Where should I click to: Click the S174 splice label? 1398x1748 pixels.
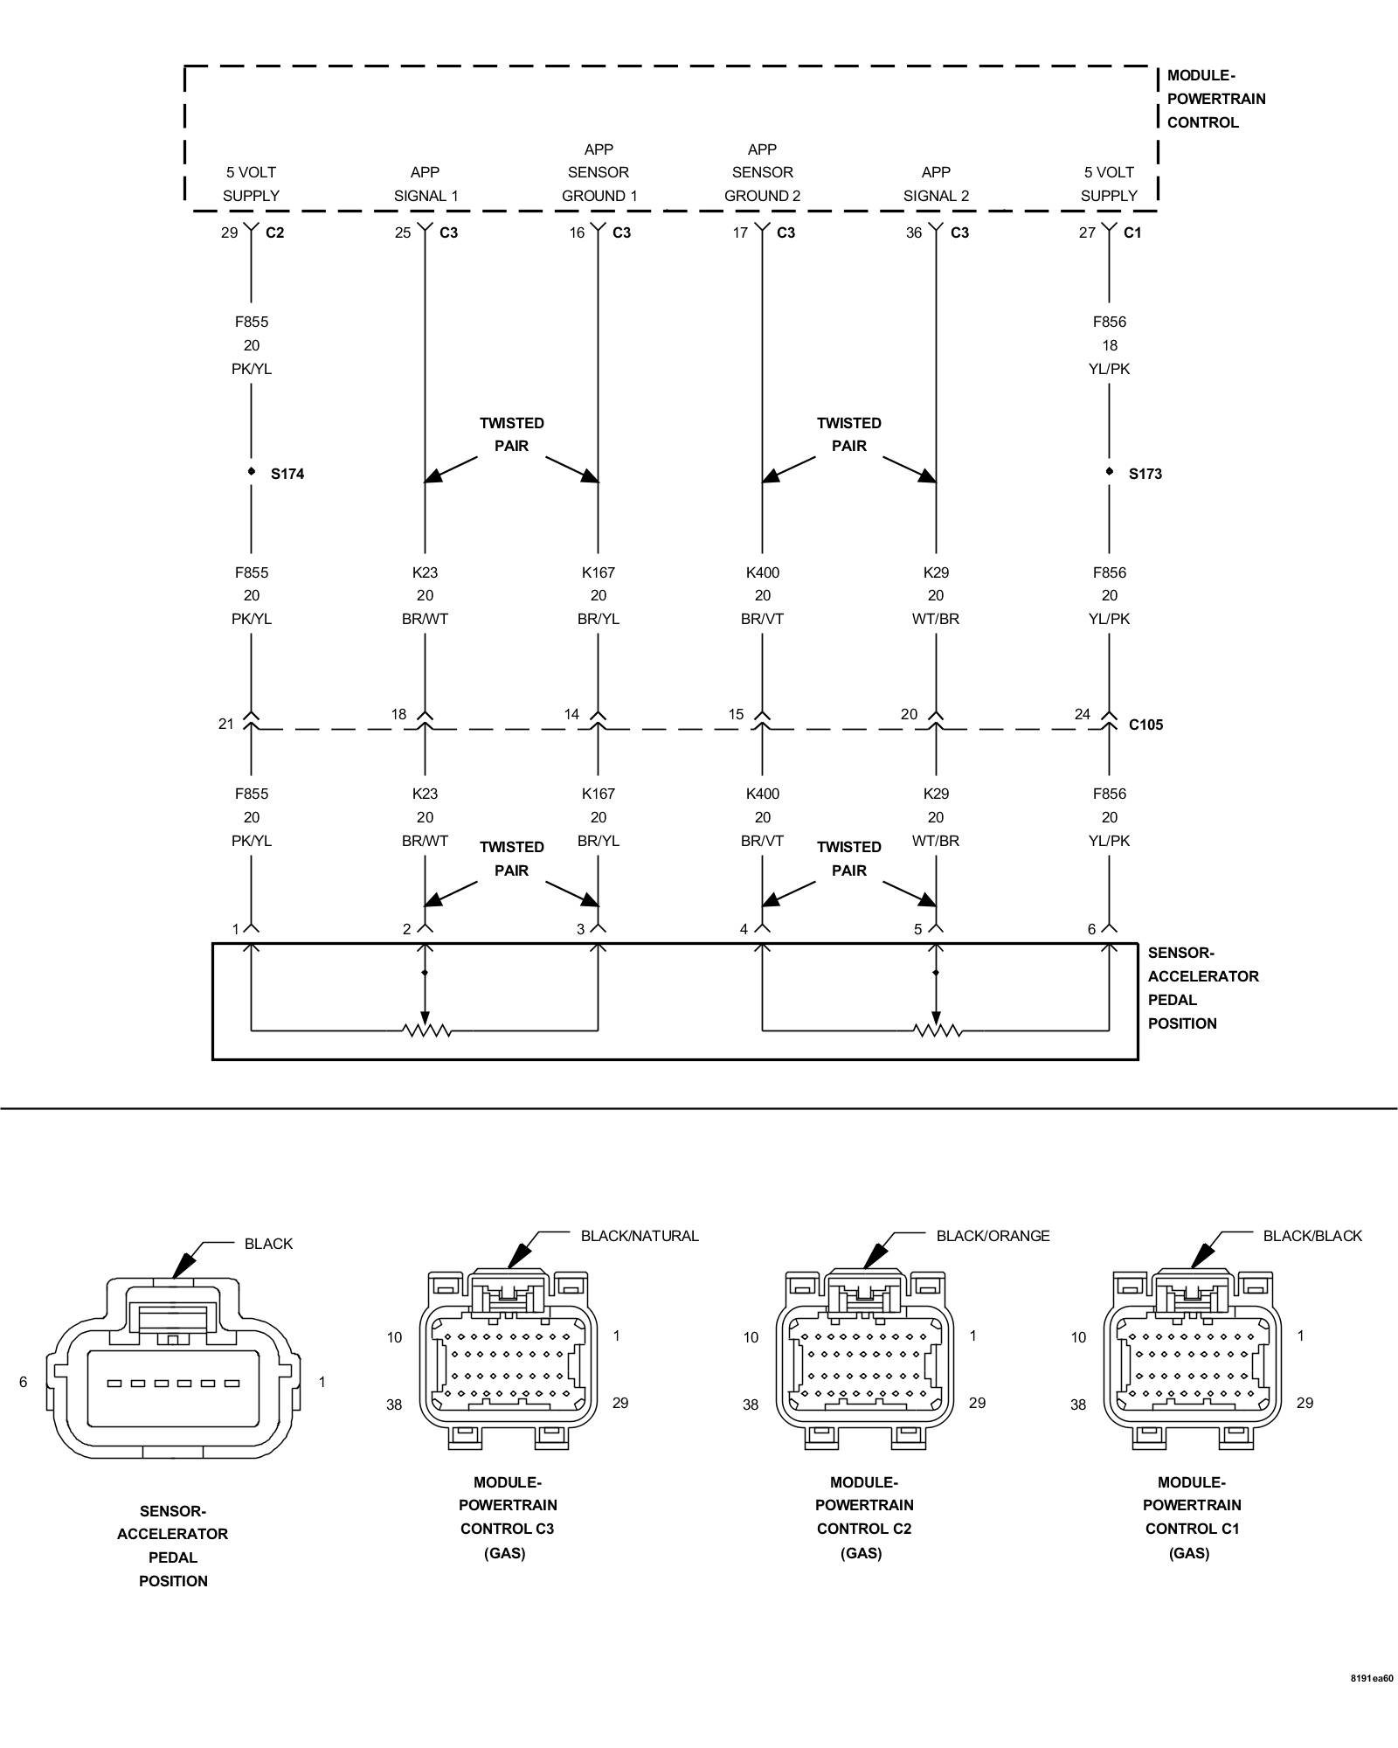287,474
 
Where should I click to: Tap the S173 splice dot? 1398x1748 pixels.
1110,471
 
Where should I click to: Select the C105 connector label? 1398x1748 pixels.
1145,725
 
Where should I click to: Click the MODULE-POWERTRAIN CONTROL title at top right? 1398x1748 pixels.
1216,99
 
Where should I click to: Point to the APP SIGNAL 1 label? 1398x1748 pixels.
426,184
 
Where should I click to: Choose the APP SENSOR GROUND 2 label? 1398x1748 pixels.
763,173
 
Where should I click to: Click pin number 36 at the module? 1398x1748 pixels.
914,232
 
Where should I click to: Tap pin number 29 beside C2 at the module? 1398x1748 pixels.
229,232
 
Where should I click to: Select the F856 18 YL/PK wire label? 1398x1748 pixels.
1110,345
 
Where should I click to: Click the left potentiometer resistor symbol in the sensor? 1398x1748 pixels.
426,1030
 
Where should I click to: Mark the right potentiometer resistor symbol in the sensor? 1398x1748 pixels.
938,1030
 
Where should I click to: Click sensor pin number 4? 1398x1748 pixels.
744,929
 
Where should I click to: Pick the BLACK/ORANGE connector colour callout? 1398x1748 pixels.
993,1236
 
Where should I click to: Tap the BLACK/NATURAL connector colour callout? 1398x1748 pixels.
640,1236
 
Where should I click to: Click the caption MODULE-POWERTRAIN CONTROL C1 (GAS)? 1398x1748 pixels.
1192,1517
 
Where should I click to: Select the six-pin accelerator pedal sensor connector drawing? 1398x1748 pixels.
173,1367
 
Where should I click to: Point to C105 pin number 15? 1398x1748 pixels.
737,715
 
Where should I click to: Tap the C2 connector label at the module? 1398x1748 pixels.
274,232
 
